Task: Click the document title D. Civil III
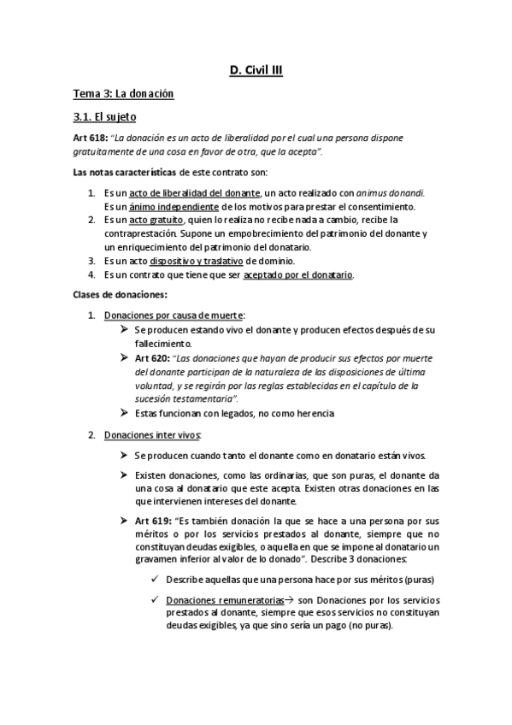point(256,72)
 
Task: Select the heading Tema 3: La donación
point(124,94)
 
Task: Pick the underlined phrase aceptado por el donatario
point(298,275)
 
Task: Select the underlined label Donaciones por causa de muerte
point(174,316)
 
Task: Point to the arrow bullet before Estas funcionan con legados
point(125,413)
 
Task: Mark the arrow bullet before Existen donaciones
point(125,475)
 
